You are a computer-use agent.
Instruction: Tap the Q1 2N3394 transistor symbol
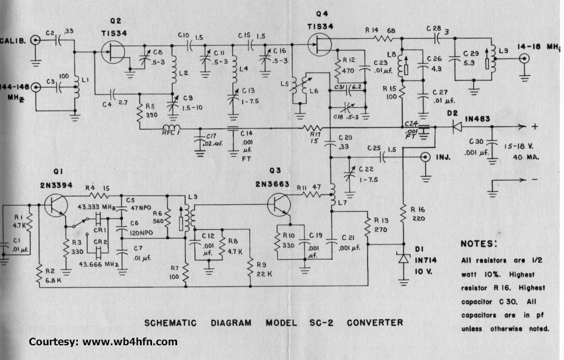(x=56, y=206)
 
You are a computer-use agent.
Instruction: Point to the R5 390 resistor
(x=140, y=112)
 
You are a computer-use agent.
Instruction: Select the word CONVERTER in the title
(x=376, y=322)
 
